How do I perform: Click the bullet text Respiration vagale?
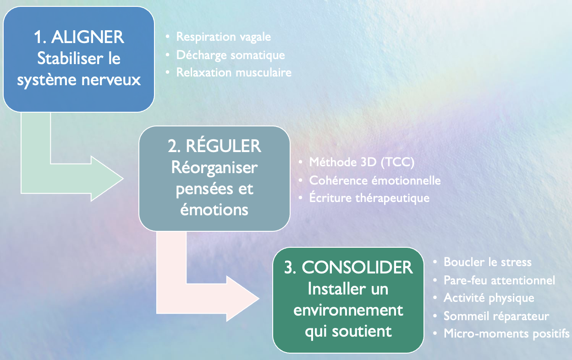(x=224, y=37)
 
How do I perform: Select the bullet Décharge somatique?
(x=231, y=55)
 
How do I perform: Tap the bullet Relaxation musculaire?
(x=234, y=72)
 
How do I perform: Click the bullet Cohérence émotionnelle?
(x=375, y=180)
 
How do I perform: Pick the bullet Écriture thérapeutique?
(x=369, y=198)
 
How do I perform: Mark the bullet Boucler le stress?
(x=488, y=262)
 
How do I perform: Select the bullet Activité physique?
(x=489, y=298)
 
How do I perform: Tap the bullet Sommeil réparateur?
(x=496, y=316)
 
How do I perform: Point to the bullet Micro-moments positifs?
(x=506, y=333)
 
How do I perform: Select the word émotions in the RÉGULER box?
(x=214, y=209)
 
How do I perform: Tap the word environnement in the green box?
(x=348, y=310)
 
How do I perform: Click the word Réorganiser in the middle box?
(x=214, y=168)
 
